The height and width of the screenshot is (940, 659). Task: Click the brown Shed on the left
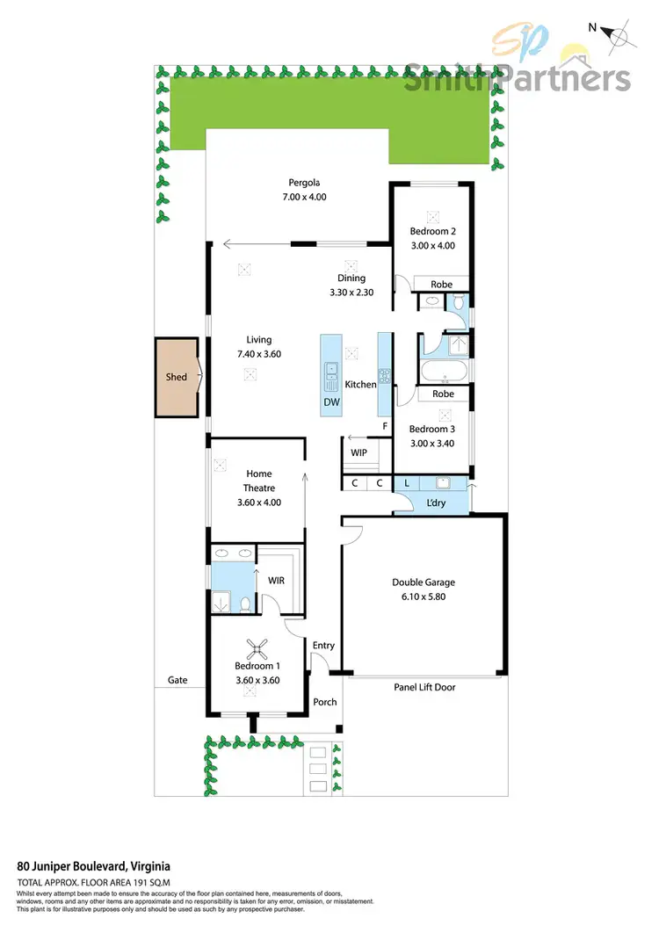(177, 377)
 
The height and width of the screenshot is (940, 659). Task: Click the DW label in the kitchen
(331, 402)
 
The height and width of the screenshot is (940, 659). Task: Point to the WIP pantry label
(358, 452)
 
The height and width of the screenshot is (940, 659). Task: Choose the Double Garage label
(424, 582)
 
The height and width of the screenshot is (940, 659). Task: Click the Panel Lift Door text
(424, 687)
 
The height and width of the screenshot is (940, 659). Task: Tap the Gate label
(177, 680)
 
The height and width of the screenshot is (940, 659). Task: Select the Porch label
(325, 702)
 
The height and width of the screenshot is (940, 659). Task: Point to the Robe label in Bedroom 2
(441, 285)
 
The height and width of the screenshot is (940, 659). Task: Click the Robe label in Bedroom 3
(444, 394)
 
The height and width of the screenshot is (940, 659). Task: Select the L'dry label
(434, 502)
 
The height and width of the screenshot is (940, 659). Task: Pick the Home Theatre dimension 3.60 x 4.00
(258, 503)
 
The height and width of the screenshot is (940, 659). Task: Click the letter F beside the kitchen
(384, 427)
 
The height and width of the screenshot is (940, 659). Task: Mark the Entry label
(323, 646)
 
